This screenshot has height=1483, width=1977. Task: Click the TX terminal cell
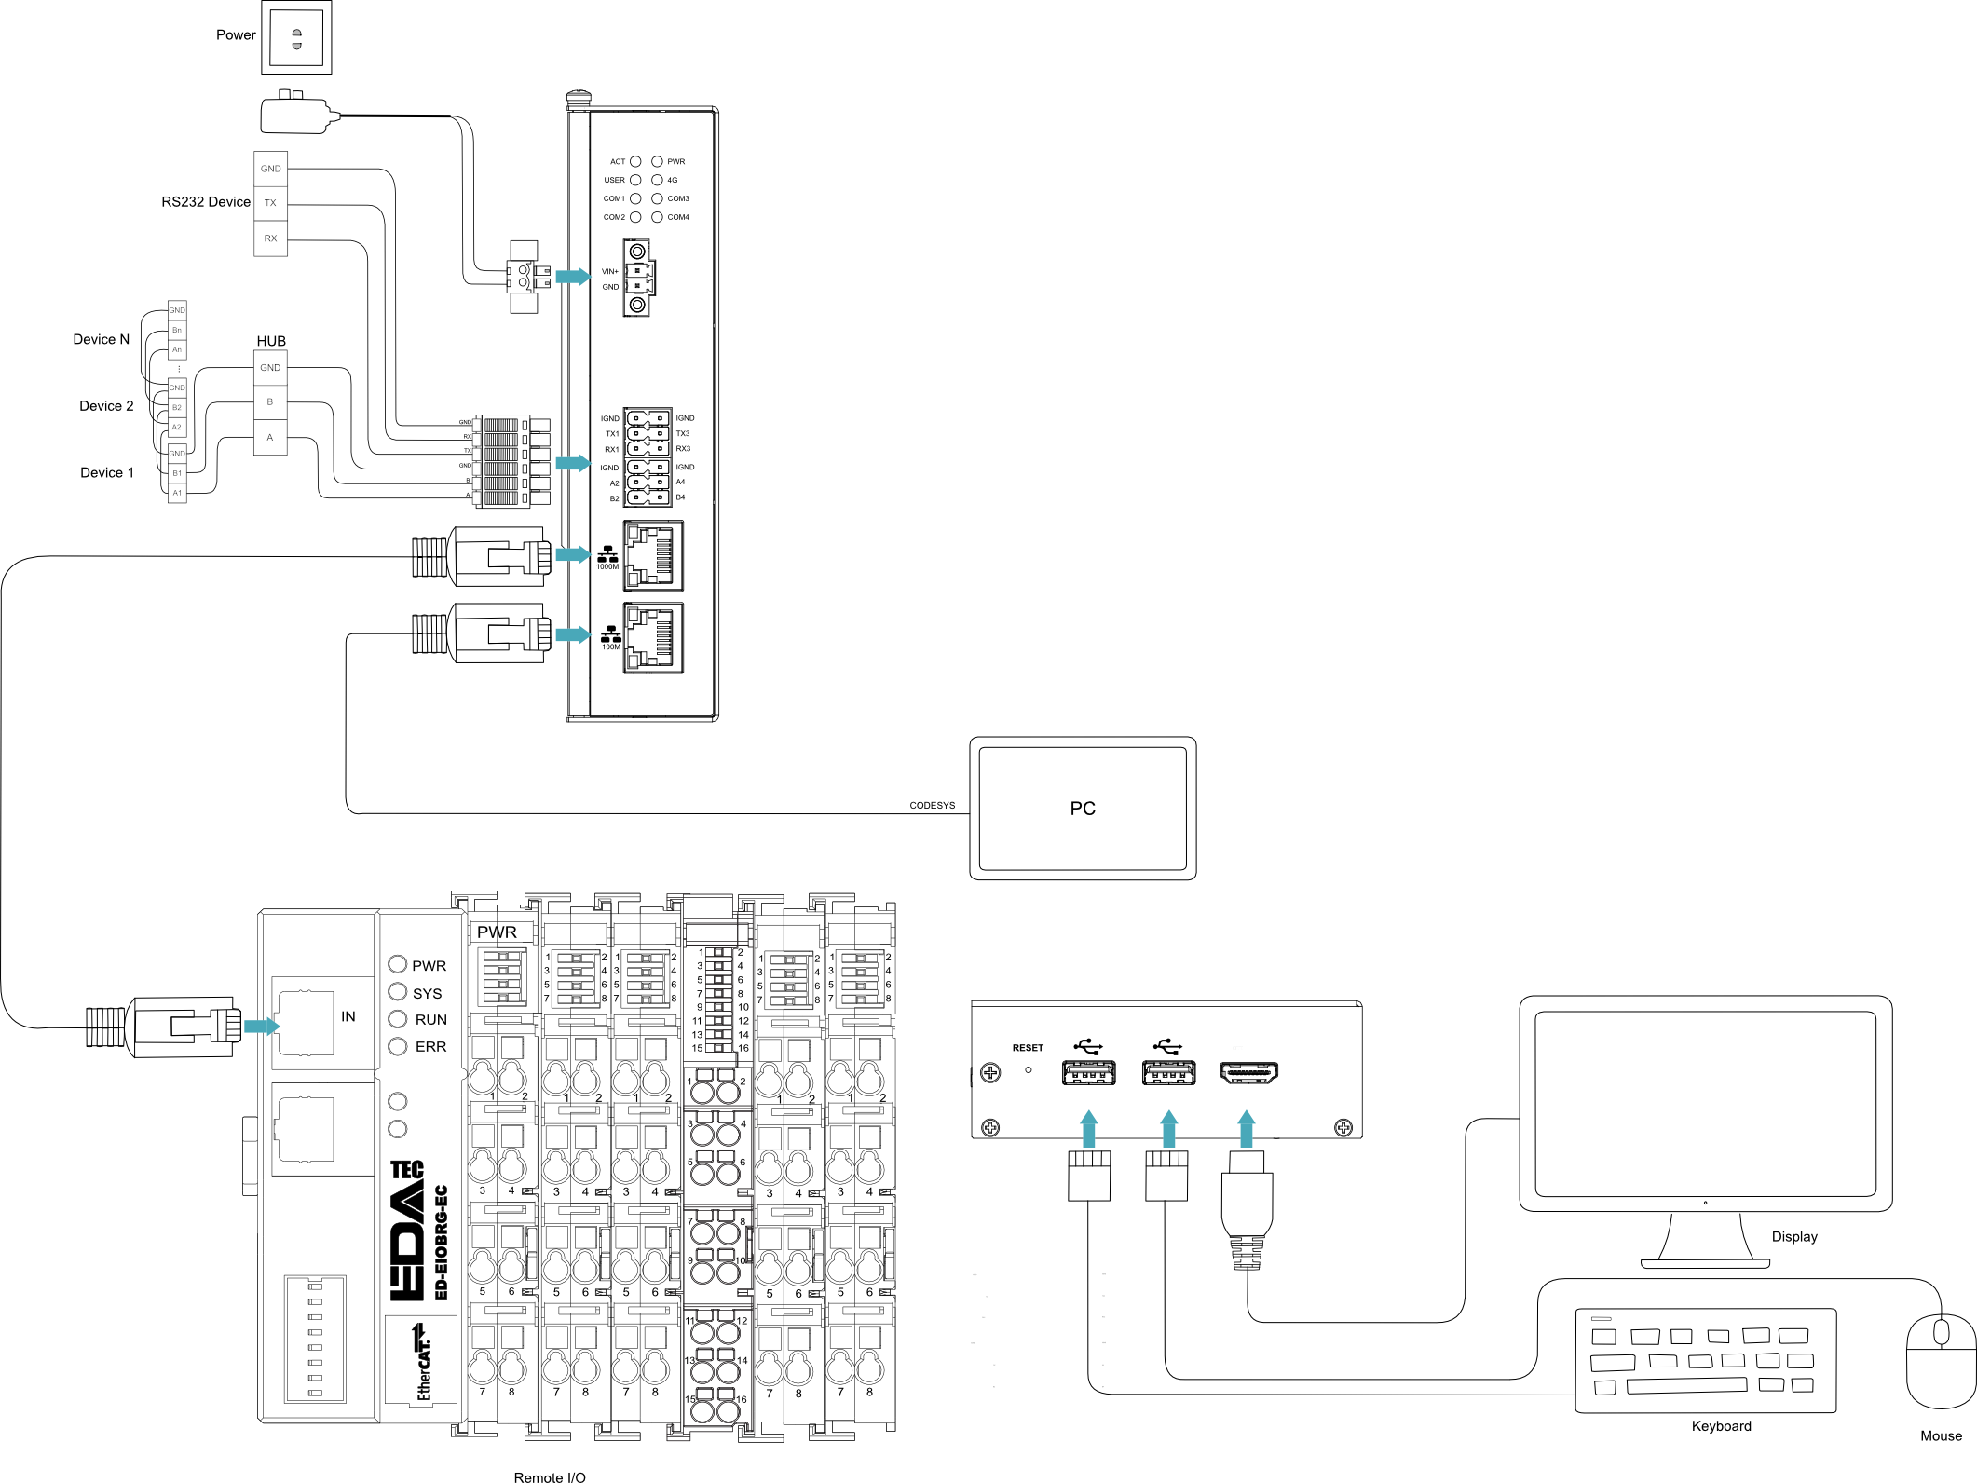click(x=270, y=203)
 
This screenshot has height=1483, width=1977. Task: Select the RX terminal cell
click(x=270, y=238)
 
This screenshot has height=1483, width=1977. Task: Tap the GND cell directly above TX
click(x=270, y=169)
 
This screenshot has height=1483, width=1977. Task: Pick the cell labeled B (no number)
click(x=270, y=402)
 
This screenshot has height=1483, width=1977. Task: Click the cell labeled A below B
click(x=270, y=438)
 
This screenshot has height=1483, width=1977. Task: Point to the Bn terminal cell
click(x=177, y=330)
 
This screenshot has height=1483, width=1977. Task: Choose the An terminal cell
click(x=177, y=350)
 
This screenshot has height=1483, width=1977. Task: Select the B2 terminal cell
click(x=177, y=408)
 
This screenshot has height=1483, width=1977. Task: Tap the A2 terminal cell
click(x=177, y=428)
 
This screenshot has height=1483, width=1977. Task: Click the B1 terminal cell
click(x=177, y=473)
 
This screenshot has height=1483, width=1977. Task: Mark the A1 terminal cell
click(x=177, y=493)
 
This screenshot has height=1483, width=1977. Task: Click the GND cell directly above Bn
click(x=177, y=310)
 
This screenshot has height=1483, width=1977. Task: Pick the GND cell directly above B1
click(x=177, y=454)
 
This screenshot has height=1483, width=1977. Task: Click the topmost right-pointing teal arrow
click(x=573, y=277)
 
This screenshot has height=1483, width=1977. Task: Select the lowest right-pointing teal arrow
click(x=262, y=1027)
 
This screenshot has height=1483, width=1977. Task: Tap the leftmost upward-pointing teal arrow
click(x=1088, y=1128)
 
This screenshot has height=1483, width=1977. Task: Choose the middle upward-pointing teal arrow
click(x=1168, y=1128)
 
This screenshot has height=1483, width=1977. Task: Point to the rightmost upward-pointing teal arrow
click(x=1247, y=1128)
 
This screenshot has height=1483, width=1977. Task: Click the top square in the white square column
click(x=476, y=426)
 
